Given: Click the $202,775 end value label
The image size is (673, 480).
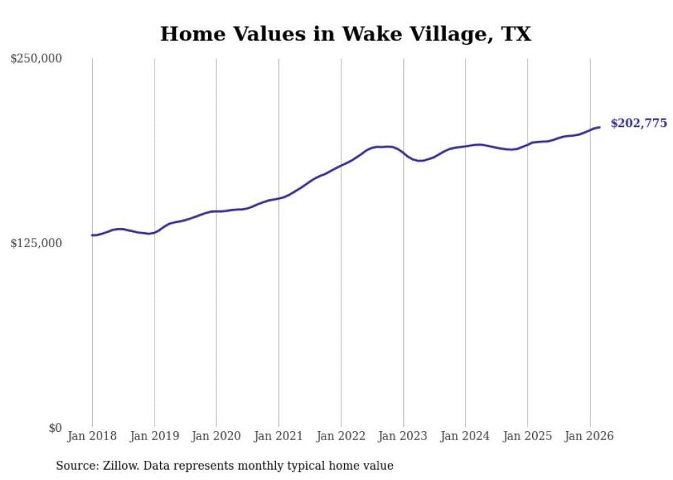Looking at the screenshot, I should pyautogui.click(x=638, y=124).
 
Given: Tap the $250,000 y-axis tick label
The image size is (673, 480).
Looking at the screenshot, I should pyautogui.click(x=36, y=59).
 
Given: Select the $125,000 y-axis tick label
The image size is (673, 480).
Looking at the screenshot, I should pyautogui.click(x=36, y=243).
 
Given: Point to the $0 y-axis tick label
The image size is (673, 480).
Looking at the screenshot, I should pyautogui.click(x=55, y=428).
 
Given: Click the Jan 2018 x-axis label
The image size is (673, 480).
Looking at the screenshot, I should pyautogui.click(x=92, y=436).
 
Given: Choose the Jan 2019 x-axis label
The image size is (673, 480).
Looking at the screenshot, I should pyautogui.click(x=154, y=436).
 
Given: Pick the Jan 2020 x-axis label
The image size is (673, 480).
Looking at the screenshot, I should pyautogui.click(x=216, y=436).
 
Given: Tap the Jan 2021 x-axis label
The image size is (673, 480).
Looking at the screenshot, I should pyautogui.click(x=278, y=436).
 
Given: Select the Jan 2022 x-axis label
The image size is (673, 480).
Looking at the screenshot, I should pyautogui.click(x=341, y=436).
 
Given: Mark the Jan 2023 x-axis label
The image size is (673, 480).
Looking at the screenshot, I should pyautogui.click(x=403, y=436).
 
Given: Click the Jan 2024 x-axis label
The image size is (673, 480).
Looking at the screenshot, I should pyautogui.click(x=465, y=436).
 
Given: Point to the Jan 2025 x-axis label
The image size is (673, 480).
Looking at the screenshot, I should pyautogui.click(x=527, y=436).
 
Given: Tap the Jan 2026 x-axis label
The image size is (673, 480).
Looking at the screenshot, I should pyautogui.click(x=589, y=436).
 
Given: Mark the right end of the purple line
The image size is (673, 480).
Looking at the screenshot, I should pyautogui.click(x=600, y=127).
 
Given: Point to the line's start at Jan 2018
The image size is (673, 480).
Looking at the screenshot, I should pyautogui.click(x=92, y=236).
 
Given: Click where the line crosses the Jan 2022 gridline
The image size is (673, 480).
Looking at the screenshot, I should pyautogui.click(x=341, y=165).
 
